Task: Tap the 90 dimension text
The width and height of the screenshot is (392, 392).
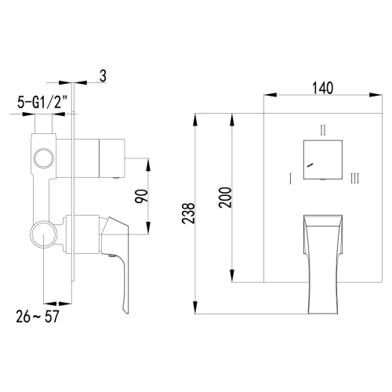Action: (141, 196)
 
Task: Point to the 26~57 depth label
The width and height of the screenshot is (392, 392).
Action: (38, 318)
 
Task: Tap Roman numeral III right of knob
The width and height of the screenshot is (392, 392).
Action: (355, 179)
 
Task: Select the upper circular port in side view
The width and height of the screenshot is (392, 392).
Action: (42, 163)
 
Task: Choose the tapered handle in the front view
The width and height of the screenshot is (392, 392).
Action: (321, 259)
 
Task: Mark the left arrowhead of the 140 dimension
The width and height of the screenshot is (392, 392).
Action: (267, 97)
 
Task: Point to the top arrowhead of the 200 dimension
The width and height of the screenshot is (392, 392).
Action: (232, 117)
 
